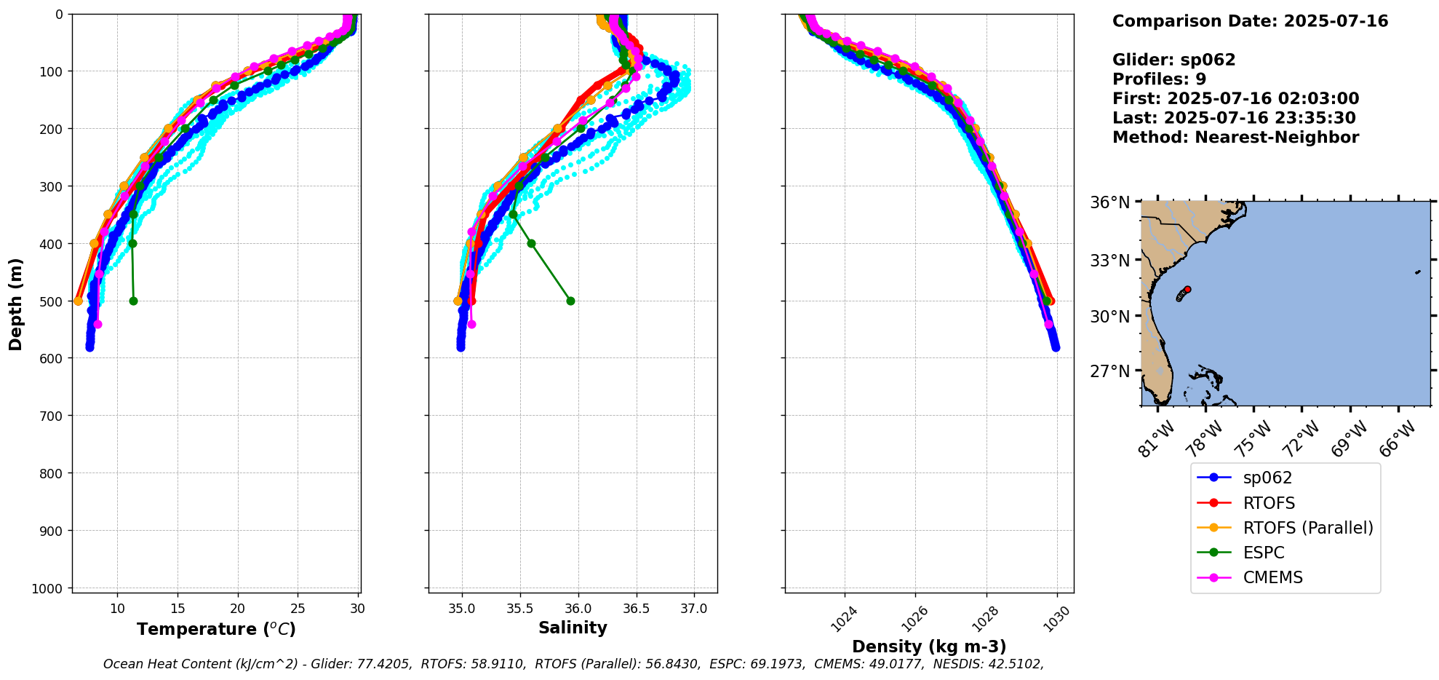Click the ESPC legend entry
coord(1264,553)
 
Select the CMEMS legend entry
coord(1272,577)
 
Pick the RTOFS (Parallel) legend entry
coord(1308,528)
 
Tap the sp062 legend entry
coord(1267,478)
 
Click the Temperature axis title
coord(216,629)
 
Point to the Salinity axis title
coord(573,628)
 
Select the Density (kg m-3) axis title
coord(929,647)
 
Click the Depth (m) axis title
coord(16,304)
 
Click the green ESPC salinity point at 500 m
coord(570,301)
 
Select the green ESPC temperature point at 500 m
coord(133,301)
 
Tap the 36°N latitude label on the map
coord(1109,202)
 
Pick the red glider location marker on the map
coord(1187,289)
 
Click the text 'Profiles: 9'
coord(1159,79)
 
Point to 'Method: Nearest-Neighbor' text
coord(1235,138)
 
